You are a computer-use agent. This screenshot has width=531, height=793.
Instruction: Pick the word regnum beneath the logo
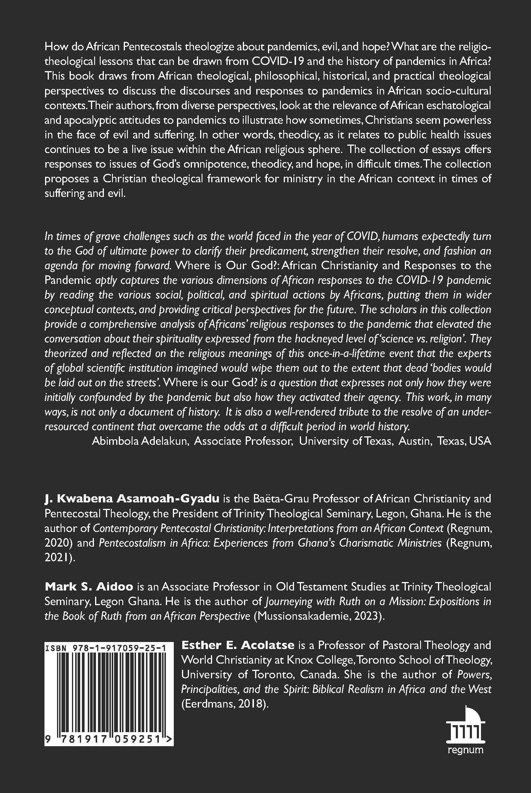(x=465, y=750)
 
